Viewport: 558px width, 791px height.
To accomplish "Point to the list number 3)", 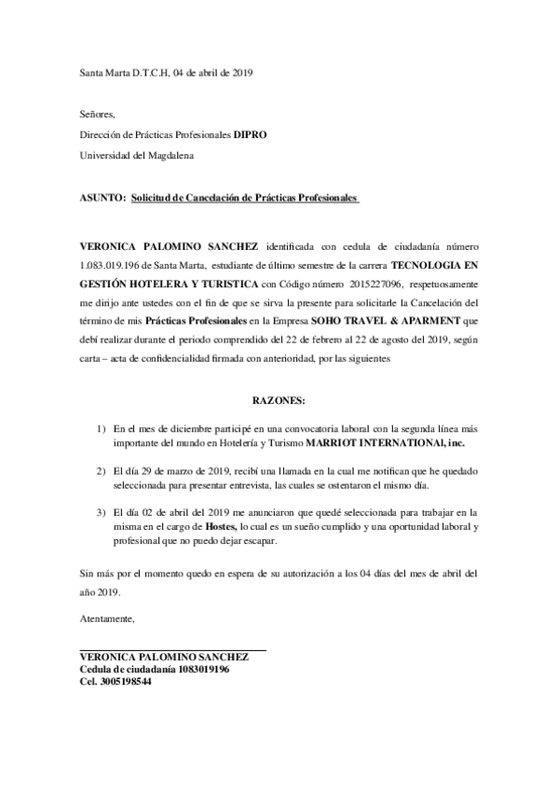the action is point(102,513).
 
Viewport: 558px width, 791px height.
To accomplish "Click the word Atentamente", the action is point(107,618).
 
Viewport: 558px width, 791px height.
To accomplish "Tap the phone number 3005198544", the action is point(123,682).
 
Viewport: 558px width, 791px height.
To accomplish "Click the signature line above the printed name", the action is point(173,649).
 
